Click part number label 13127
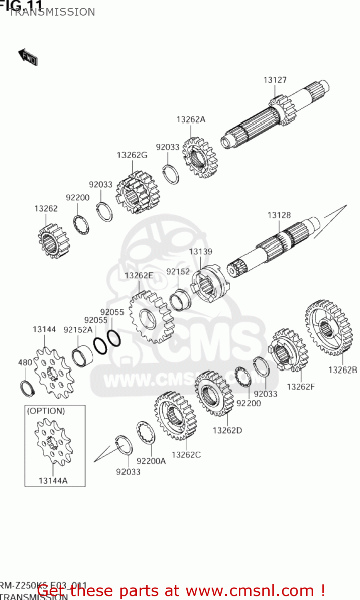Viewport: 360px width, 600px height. point(275,80)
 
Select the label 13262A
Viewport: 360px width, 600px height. point(191,119)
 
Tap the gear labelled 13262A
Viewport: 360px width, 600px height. point(200,158)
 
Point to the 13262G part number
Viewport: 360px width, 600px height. point(132,155)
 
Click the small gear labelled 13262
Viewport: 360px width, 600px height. point(53,241)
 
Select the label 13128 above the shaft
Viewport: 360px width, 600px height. point(279,215)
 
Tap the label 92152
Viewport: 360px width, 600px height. point(178,272)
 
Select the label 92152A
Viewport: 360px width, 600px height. point(78,330)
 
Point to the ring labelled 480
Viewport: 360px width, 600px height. point(27,389)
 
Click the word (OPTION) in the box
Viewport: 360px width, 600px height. point(46,411)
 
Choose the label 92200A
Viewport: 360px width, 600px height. point(151,461)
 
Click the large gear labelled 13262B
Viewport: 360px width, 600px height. point(328,328)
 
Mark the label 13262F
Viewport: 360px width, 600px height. point(300,387)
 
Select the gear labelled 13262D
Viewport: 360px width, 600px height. point(214,394)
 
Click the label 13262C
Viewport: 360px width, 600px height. point(186,455)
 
